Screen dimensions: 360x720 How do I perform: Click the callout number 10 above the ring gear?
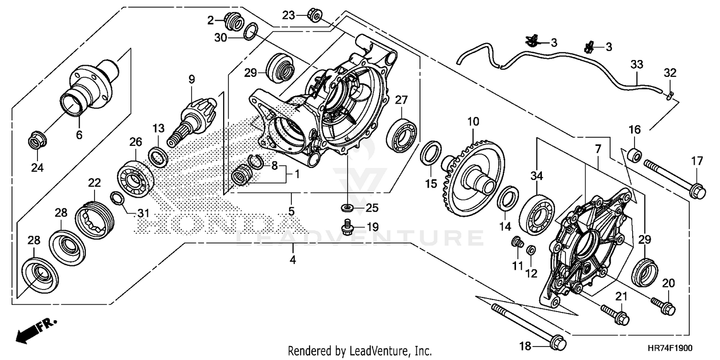(x=473, y=121)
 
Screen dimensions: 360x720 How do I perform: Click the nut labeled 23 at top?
(x=315, y=17)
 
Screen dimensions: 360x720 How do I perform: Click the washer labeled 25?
(x=346, y=208)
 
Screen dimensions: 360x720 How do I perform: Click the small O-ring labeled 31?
(x=116, y=198)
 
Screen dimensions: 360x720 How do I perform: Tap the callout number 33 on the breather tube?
(x=636, y=65)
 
